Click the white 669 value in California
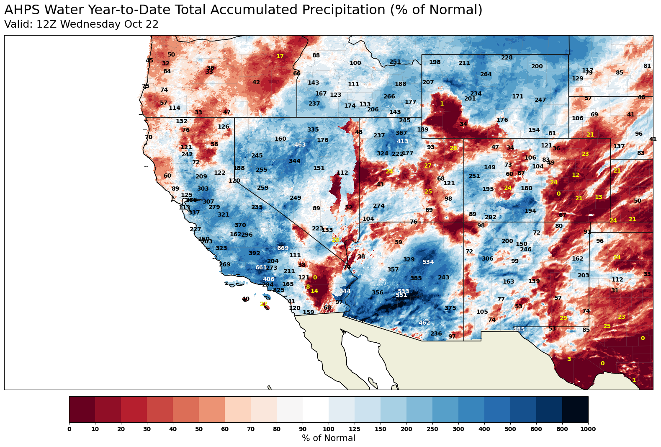(283, 248)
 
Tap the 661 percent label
(261, 268)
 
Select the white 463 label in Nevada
(300, 145)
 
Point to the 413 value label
(402, 142)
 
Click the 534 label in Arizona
(428, 262)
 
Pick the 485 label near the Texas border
(519, 330)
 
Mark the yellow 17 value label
(280, 57)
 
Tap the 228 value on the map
(507, 58)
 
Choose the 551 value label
(401, 295)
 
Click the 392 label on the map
(255, 253)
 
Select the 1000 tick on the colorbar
(588, 429)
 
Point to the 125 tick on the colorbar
(355, 429)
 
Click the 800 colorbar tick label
(562, 429)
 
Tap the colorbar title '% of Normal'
(328, 439)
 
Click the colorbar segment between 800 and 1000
(575, 409)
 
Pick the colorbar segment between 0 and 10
(82, 409)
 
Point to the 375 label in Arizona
(450, 308)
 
